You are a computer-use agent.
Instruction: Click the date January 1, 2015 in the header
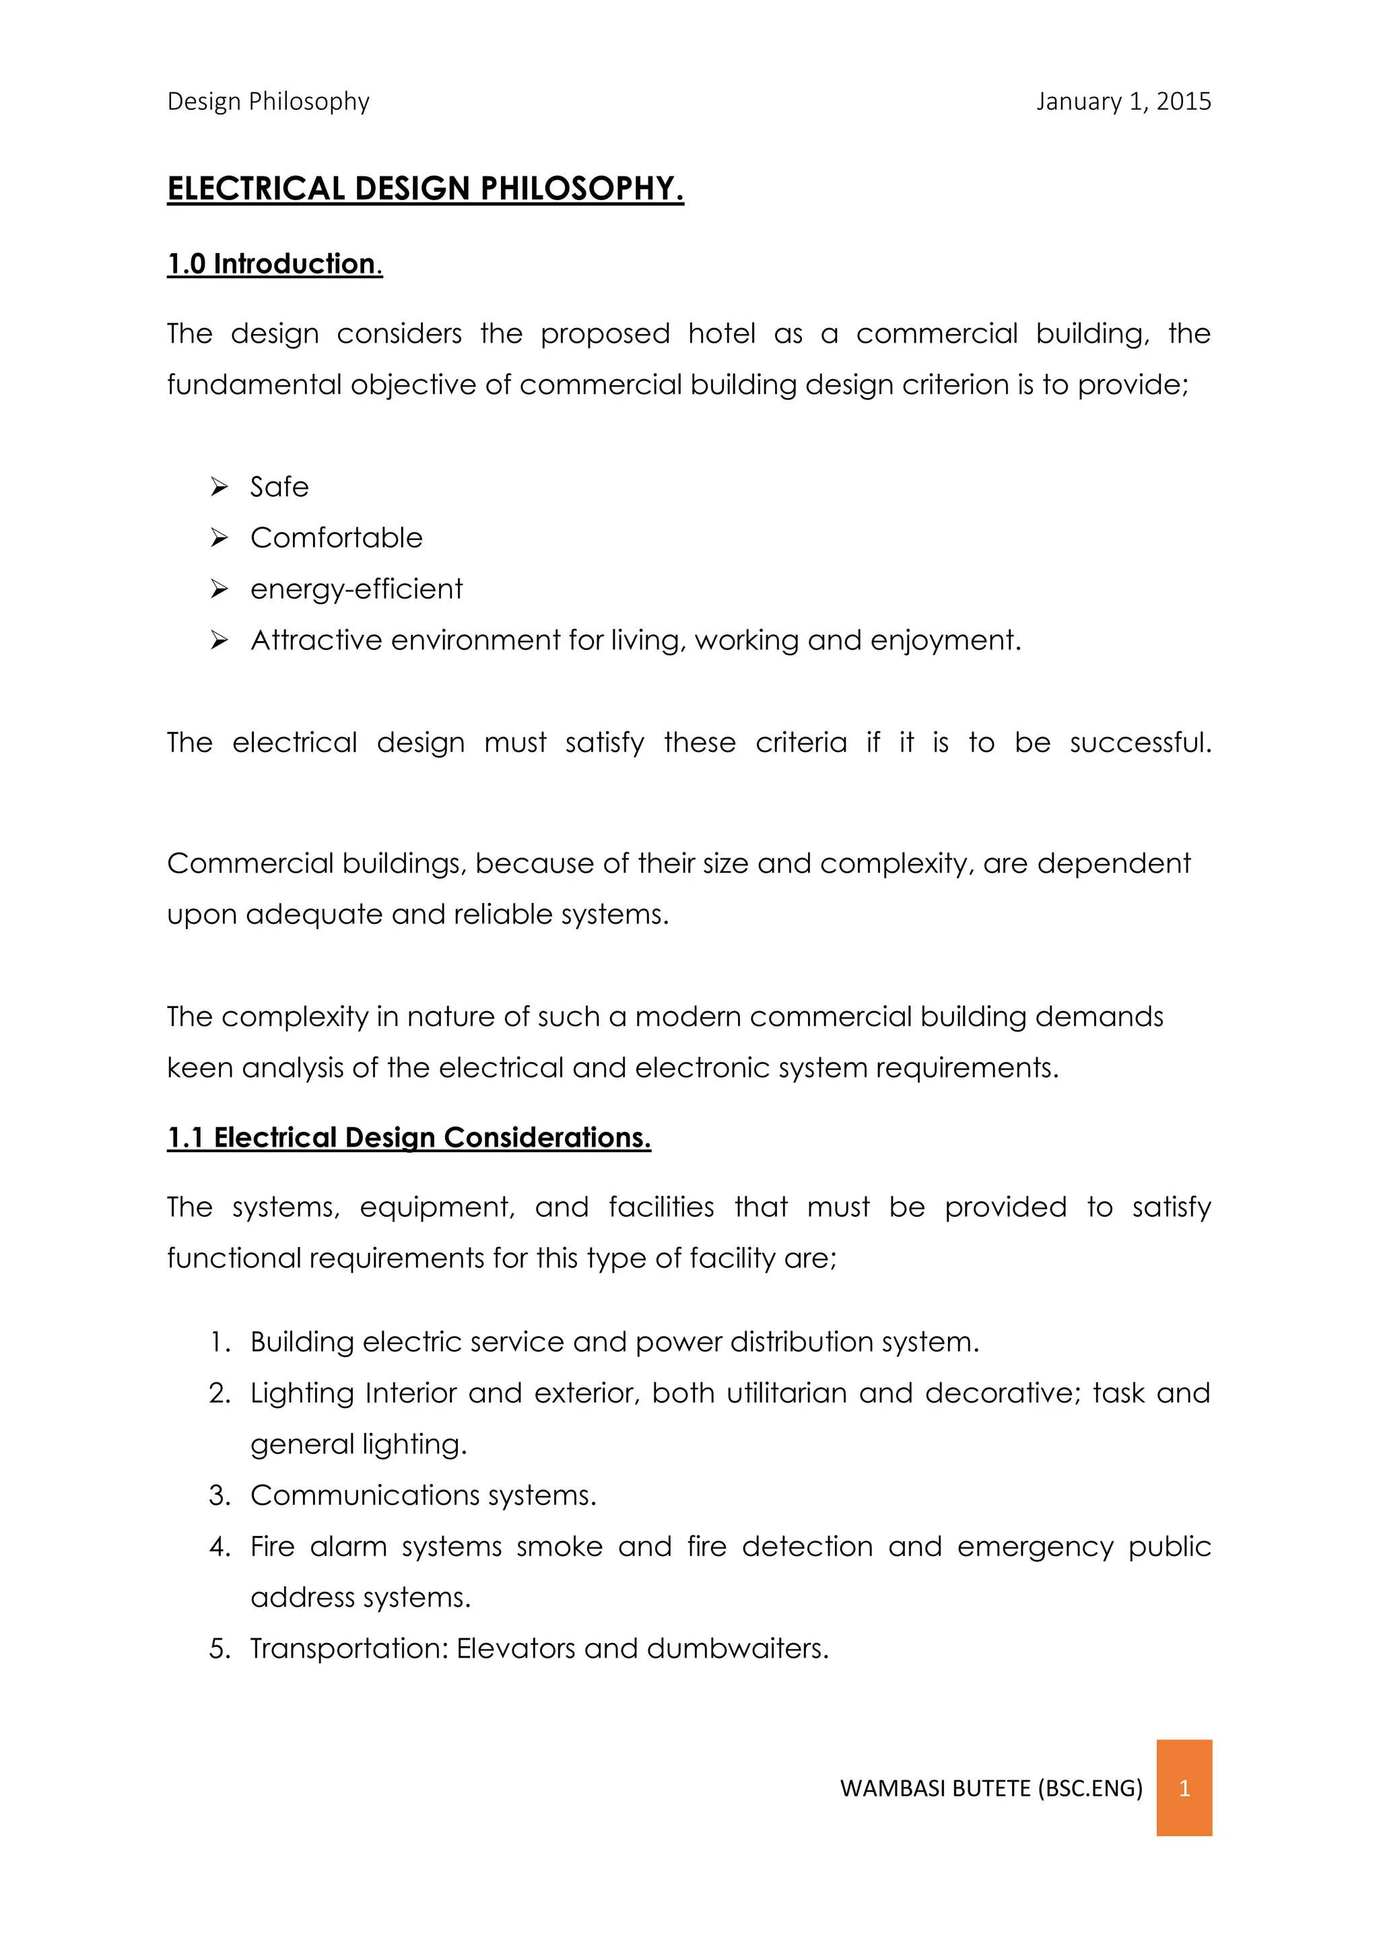tap(1122, 101)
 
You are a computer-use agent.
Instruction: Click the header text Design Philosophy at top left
tap(269, 101)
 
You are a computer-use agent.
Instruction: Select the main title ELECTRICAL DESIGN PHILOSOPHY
tap(425, 189)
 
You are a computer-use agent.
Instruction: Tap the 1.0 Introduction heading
tap(274, 264)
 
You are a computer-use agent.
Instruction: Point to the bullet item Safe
tap(279, 487)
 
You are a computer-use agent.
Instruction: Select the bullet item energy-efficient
tap(357, 589)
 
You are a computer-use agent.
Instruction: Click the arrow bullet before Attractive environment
tap(219, 640)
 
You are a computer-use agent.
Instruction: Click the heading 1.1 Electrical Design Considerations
tap(409, 1137)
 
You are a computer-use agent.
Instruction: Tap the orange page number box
tap(1184, 1788)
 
